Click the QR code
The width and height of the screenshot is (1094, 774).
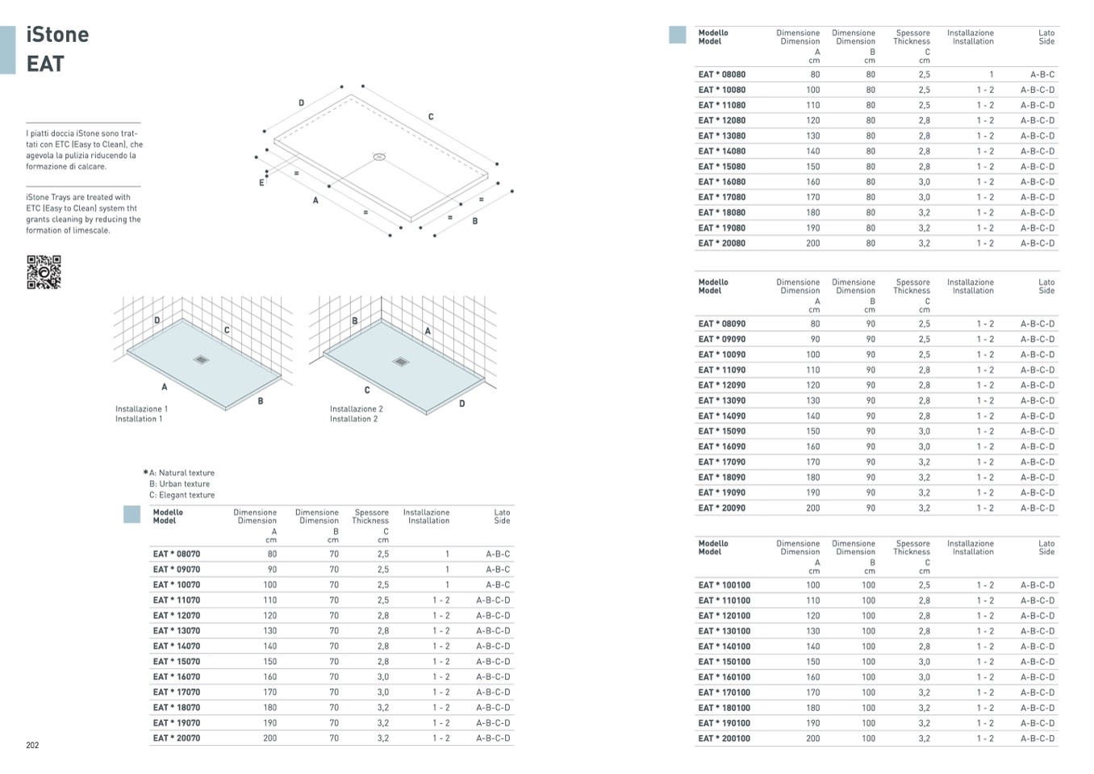pos(44,272)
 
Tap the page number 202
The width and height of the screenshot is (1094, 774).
pos(32,745)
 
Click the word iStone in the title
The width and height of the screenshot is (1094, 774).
pos(57,35)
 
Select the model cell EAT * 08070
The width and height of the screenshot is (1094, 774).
pos(177,554)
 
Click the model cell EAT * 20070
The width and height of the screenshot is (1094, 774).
pos(177,738)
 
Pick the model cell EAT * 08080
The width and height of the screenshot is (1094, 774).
pos(722,75)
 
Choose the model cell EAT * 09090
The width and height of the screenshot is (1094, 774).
pos(722,339)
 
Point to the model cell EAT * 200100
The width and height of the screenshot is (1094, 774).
pos(724,738)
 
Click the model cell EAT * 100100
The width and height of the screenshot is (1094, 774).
pos(724,585)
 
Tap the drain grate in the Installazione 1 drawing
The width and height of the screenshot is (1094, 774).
pos(201,360)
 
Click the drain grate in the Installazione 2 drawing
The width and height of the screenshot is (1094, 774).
pos(401,362)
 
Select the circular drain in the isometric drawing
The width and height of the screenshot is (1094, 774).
pos(379,157)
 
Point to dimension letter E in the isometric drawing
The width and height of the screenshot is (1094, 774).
pos(261,182)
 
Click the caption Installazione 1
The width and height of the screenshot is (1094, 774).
pos(142,409)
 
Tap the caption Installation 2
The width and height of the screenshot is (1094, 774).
pos(353,419)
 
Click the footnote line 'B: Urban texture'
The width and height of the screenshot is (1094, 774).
pos(179,484)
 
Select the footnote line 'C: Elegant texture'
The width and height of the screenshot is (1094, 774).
pos(182,495)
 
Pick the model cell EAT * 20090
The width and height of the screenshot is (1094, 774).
pos(722,508)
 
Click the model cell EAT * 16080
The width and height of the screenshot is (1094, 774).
pos(722,182)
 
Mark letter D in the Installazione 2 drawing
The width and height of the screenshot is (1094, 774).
pos(462,404)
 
